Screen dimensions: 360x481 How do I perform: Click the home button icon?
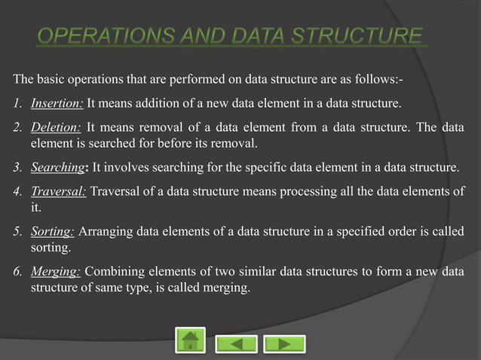[x=190, y=341]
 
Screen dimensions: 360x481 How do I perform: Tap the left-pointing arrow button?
[x=237, y=343]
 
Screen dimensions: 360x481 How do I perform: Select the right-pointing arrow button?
[x=284, y=343]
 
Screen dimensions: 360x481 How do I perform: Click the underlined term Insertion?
[x=57, y=103]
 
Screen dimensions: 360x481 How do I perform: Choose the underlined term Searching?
[x=57, y=166]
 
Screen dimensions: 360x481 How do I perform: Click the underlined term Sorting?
[x=52, y=232]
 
